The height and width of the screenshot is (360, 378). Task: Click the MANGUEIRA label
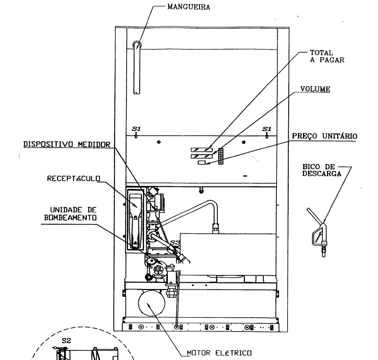click(189, 7)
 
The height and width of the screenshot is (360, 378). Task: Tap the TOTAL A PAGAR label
click(327, 56)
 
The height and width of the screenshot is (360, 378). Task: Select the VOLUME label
click(315, 89)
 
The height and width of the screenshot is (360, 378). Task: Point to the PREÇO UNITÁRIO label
click(324, 136)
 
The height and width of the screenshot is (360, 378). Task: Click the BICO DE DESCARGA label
click(322, 170)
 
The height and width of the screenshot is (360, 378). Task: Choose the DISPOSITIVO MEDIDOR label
click(67, 145)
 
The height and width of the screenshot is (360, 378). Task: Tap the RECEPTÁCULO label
click(73, 179)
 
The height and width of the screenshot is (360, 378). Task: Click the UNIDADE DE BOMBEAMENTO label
click(70, 213)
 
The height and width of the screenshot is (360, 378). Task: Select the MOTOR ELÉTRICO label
click(219, 353)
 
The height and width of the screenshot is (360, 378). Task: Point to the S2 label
click(66, 341)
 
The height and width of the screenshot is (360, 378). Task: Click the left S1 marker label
click(136, 129)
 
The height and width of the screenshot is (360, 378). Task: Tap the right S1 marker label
click(267, 129)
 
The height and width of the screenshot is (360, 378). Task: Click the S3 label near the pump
click(175, 243)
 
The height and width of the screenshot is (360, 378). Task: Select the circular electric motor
click(152, 303)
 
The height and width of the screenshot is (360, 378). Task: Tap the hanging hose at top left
click(137, 67)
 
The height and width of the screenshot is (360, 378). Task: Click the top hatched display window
click(202, 150)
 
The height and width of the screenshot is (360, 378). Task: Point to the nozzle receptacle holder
click(136, 220)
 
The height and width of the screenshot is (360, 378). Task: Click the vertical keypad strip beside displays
click(221, 156)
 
